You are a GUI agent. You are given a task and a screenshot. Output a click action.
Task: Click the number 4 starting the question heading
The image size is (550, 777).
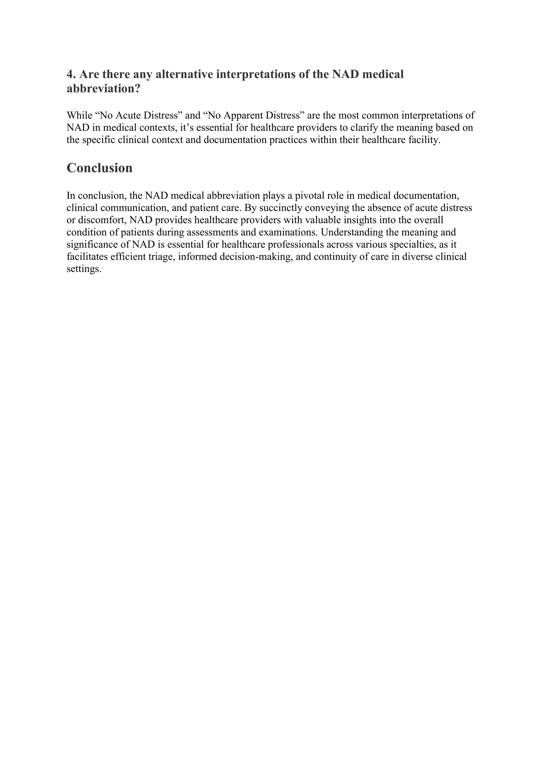click(x=70, y=74)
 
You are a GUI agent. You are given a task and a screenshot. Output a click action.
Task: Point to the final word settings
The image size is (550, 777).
click(x=84, y=269)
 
